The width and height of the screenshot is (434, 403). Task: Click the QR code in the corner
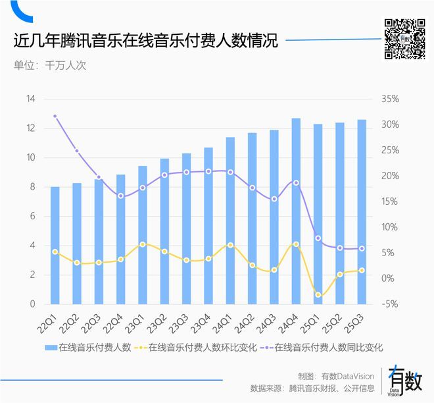(404, 39)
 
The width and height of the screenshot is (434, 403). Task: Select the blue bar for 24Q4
(296, 211)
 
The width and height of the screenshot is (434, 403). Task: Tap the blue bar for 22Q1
(55, 245)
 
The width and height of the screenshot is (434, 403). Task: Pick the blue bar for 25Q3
(362, 211)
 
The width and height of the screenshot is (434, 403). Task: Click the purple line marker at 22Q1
(55, 117)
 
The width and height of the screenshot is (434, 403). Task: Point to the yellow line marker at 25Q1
(318, 294)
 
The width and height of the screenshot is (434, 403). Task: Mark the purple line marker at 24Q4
(296, 182)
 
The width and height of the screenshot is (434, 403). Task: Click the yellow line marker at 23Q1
(143, 244)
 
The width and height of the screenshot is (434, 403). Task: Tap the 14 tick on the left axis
(30, 99)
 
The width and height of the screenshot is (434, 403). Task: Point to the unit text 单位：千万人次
(50, 65)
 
